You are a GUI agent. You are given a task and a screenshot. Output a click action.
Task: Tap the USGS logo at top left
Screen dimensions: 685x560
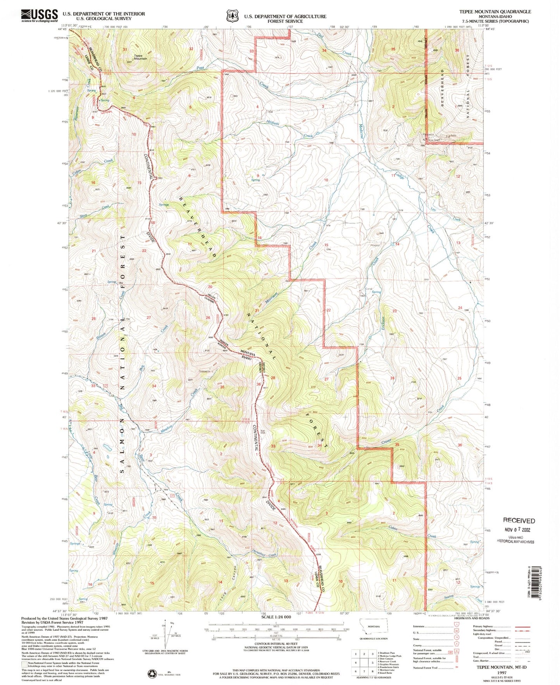(39, 15)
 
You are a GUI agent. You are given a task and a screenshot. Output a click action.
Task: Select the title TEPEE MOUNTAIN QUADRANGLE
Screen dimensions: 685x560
(495, 12)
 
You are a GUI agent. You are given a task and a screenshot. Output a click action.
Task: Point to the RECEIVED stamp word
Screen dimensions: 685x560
(519, 521)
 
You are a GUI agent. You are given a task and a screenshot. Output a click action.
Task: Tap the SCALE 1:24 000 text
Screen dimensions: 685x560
(276, 617)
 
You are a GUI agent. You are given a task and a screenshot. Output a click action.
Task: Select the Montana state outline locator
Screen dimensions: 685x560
(373, 625)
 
